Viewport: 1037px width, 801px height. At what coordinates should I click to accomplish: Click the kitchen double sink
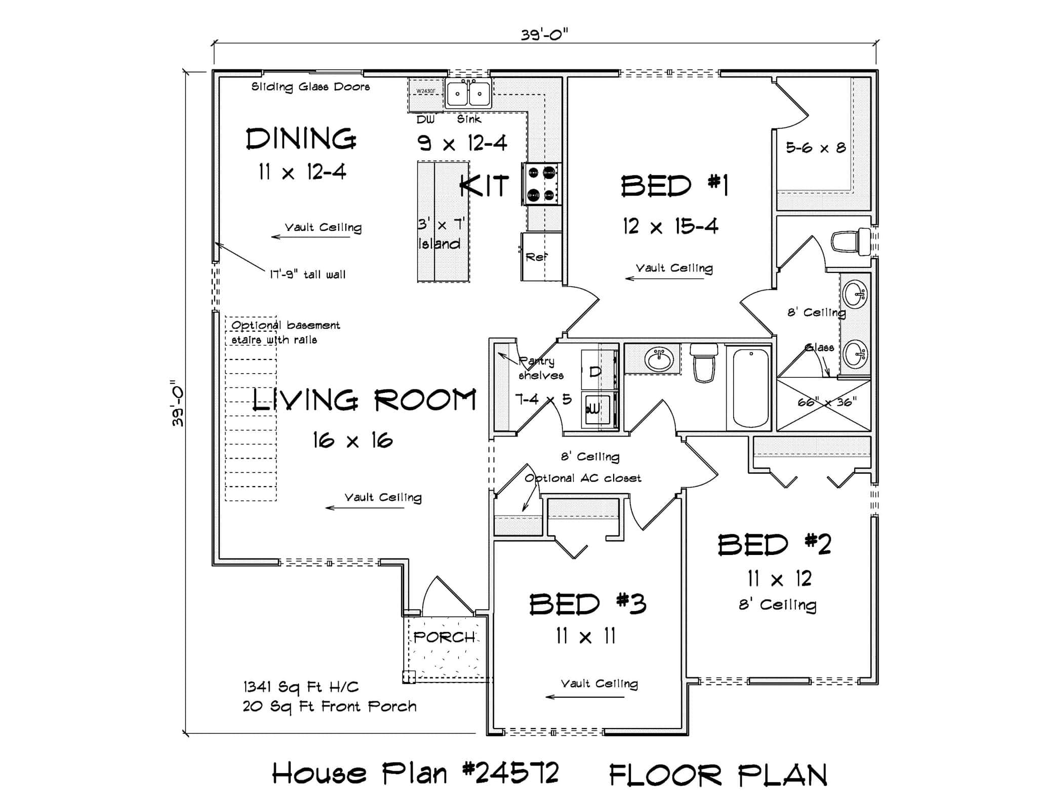468,94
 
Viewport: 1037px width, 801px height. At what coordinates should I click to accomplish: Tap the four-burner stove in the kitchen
541,184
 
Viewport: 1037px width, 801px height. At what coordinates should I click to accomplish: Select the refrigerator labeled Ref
540,257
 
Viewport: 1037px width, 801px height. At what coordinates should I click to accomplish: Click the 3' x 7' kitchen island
443,222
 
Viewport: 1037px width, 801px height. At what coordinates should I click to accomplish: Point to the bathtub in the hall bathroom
750,388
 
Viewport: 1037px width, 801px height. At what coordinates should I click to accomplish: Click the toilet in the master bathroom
851,242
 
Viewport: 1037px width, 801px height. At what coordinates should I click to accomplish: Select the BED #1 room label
674,186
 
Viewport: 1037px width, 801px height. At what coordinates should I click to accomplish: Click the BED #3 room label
587,605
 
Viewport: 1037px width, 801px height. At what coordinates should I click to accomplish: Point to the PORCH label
444,637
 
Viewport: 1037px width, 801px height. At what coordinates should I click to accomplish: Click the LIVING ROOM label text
364,400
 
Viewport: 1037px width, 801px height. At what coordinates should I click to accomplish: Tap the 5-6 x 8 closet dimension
815,148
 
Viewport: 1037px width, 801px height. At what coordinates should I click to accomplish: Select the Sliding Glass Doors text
310,87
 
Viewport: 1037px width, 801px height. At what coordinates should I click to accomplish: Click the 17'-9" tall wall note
307,275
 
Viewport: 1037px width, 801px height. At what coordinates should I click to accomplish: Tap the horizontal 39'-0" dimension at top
544,34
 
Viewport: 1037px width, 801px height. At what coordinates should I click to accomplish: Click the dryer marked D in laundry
595,372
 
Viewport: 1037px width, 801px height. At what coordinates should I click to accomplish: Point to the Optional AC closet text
583,478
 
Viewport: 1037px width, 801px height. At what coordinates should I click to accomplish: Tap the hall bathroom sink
658,359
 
